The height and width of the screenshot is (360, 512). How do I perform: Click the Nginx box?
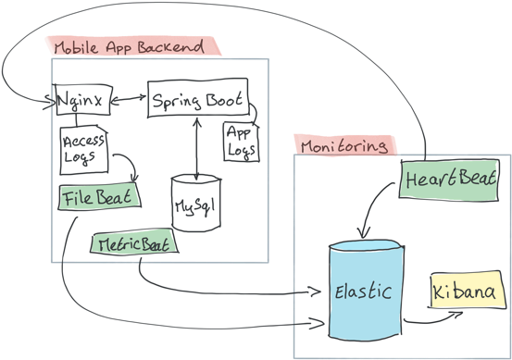pos(82,99)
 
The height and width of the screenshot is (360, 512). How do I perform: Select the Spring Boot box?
pos(197,99)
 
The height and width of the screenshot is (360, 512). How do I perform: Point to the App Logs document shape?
pos(239,139)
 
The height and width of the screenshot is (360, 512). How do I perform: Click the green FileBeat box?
pos(98,197)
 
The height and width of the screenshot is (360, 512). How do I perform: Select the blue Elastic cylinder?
pos(366,292)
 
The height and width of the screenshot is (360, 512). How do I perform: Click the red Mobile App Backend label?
pos(131,46)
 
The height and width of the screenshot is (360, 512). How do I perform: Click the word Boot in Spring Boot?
pos(222,99)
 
